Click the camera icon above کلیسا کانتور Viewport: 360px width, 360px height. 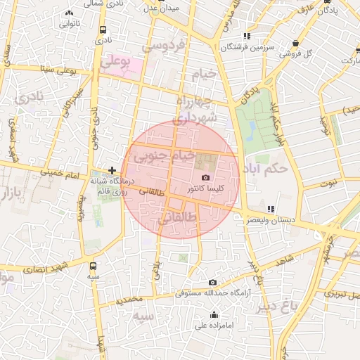tap(205, 178)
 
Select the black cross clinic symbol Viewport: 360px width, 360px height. tap(112, 170)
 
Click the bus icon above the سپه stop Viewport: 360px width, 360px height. tap(94, 266)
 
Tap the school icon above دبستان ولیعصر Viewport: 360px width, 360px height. tap(271, 210)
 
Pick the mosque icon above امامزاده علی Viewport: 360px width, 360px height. tap(214, 314)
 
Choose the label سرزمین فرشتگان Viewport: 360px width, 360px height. tap(246, 47)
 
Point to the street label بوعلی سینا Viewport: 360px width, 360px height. tap(56, 69)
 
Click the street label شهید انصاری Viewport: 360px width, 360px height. tap(47, 266)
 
